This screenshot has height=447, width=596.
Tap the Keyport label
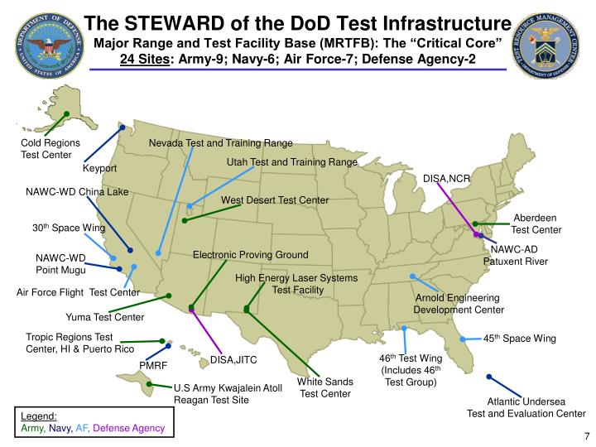[99, 169]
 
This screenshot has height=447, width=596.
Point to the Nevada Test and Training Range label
[220, 143]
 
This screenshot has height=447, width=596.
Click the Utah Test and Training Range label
[291, 162]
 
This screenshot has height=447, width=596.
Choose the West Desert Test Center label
[275, 200]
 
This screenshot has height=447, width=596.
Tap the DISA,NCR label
[446, 179]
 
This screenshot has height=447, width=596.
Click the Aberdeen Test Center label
[536, 223]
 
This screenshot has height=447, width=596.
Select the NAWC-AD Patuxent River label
[516, 255]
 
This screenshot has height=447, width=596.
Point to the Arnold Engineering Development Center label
[458, 303]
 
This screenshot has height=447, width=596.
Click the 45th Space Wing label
[519, 339]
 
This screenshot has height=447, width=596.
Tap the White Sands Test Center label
[325, 387]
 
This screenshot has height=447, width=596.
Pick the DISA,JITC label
[233, 360]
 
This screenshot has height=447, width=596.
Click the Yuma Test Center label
[104, 317]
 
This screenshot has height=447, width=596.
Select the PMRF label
[153, 365]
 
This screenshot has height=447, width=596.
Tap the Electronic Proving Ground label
[250, 254]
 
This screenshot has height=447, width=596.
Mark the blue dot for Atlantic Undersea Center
[489, 377]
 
